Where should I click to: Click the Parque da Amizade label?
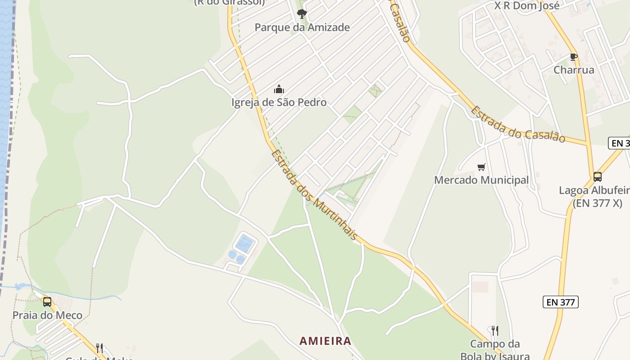coord(302,27)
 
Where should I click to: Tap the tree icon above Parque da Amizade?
coord(301,13)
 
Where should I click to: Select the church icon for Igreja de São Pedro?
coord(279,89)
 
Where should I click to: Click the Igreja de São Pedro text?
coord(279,103)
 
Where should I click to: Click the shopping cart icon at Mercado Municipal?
coord(481,167)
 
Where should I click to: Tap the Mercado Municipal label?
coord(481,180)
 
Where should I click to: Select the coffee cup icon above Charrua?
coord(573,57)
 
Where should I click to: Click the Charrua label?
coord(573,70)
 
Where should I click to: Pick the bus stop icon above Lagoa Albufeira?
coord(597,176)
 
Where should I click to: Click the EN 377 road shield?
coord(560,302)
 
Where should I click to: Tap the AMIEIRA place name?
coord(325,341)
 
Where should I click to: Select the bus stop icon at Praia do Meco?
coord(47,301)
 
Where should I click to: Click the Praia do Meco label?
coord(47,315)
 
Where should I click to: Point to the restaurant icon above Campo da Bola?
coord(495,331)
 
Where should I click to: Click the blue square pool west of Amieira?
coord(245,244)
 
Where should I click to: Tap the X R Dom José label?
coord(526,6)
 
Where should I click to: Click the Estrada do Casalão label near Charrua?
coord(517,125)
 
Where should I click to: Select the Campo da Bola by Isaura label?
coord(495,350)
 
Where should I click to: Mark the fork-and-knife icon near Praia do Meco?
coord(99,348)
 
